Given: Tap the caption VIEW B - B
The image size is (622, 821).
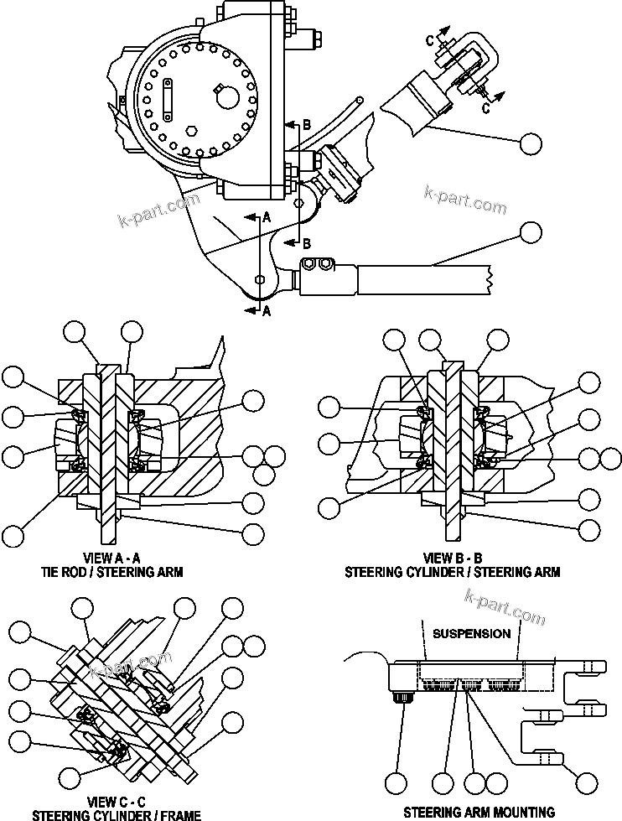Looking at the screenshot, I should pyautogui.click(x=452, y=558).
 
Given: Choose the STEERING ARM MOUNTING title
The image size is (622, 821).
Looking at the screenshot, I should pyautogui.click(x=479, y=812).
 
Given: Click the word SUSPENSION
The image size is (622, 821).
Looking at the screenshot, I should pyautogui.click(x=472, y=633).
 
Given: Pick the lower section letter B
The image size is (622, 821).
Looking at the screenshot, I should pyautogui.click(x=307, y=244).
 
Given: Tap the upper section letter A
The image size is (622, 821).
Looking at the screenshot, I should pyautogui.click(x=267, y=216).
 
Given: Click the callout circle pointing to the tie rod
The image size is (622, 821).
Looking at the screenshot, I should pyautogui.click(x=530, y=232).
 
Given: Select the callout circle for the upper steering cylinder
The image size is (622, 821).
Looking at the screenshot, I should pyautogui.click(x=530, y=143).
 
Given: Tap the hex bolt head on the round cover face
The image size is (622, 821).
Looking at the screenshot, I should pyautogui.click(x=191, y=131).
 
